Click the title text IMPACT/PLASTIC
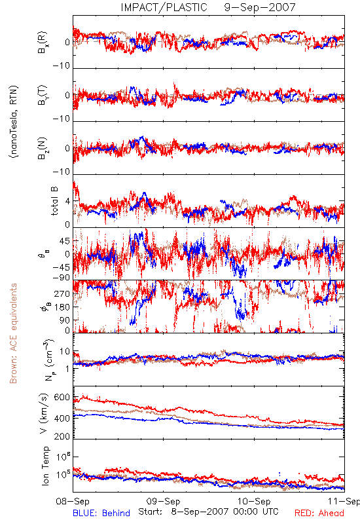click(164, 7)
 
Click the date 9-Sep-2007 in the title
click(260, 7)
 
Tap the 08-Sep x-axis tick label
click(73, 501)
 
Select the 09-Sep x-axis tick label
click(163, 501)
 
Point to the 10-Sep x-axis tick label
click(254, 501)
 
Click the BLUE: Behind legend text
click(101, 513)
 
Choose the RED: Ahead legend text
click(319, 513)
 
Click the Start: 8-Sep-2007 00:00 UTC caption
click(208, 512)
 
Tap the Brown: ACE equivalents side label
click(13, 333)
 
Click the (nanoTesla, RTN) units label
click(14, 122)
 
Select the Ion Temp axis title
click(45, 466)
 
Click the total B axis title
click(54, 201)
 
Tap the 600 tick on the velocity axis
click(62, 397)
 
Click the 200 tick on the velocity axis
click(62, 436)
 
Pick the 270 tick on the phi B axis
click(62, 294)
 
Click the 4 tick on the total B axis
click(67, 201)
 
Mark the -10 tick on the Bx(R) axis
click(61, 65)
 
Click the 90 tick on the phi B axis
click(64, 320)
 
